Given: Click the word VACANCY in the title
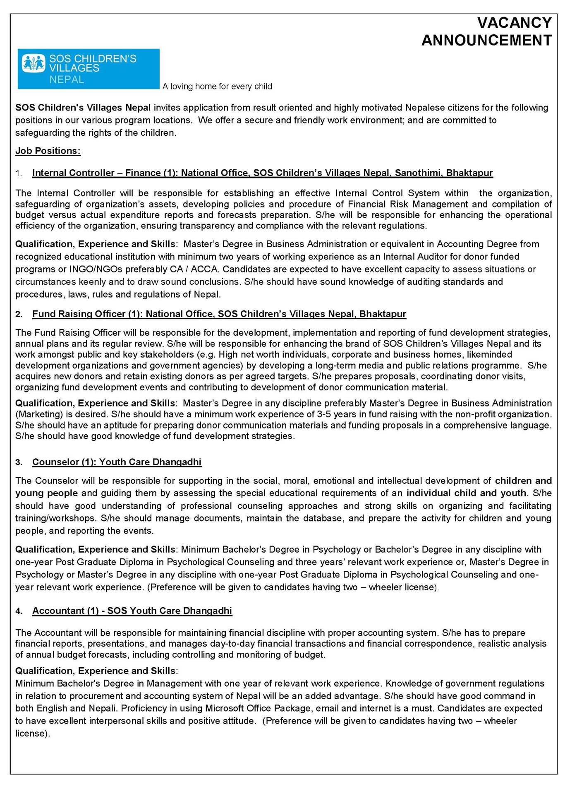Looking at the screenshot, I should click(x=514, y=23).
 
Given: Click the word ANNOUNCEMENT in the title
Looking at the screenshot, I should click(x=486, y=41).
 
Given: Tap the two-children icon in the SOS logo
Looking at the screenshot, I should click(x=34, y=63).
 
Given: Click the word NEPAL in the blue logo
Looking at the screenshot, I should click(x=67, y=79).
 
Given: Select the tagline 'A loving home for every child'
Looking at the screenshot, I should click(x=217, y=87).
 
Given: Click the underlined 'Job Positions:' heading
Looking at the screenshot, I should click(x=48, y=151).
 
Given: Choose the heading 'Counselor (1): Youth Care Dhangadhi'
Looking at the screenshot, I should click(x=117, y=462).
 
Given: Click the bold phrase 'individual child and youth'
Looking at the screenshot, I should click(x=466, y=493).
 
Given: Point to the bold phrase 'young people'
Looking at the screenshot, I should click(x=46, y=493).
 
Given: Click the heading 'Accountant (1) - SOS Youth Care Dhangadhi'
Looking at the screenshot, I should click(x=132, y=611).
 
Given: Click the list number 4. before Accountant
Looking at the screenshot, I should click(x=19, y=611).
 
